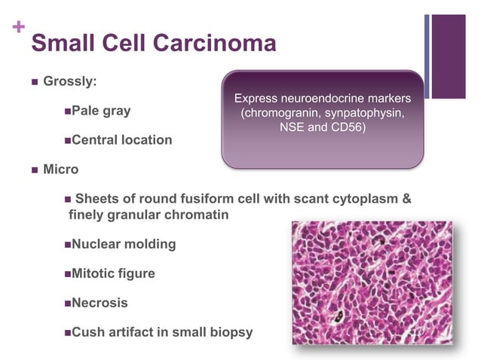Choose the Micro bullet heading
61,169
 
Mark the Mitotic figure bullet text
113,273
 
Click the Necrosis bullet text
100,303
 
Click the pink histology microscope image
372,283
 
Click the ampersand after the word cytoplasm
407,200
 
